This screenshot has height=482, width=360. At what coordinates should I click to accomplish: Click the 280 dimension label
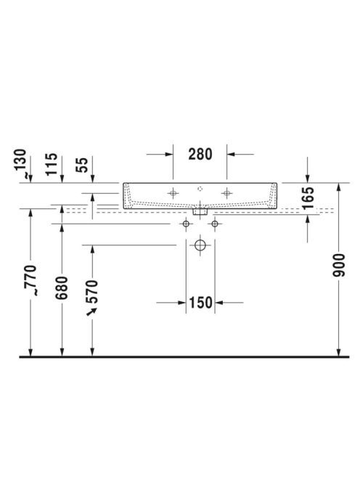point(200,154)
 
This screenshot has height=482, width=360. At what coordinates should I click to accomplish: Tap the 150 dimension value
point(200,303)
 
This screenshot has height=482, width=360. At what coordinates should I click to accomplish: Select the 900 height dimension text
point(339,265)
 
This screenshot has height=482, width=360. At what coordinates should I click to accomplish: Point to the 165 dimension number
point(308,198)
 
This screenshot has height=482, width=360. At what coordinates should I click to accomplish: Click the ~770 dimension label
point(30,280)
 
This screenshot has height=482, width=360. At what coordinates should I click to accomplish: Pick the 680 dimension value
point(62,287)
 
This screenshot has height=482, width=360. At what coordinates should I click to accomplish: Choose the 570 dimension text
point(92,291)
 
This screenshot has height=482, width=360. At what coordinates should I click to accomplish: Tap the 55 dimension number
point(82,165)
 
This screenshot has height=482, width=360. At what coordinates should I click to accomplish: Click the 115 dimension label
point(52,164)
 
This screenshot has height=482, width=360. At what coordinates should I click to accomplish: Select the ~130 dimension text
point(21,163)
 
